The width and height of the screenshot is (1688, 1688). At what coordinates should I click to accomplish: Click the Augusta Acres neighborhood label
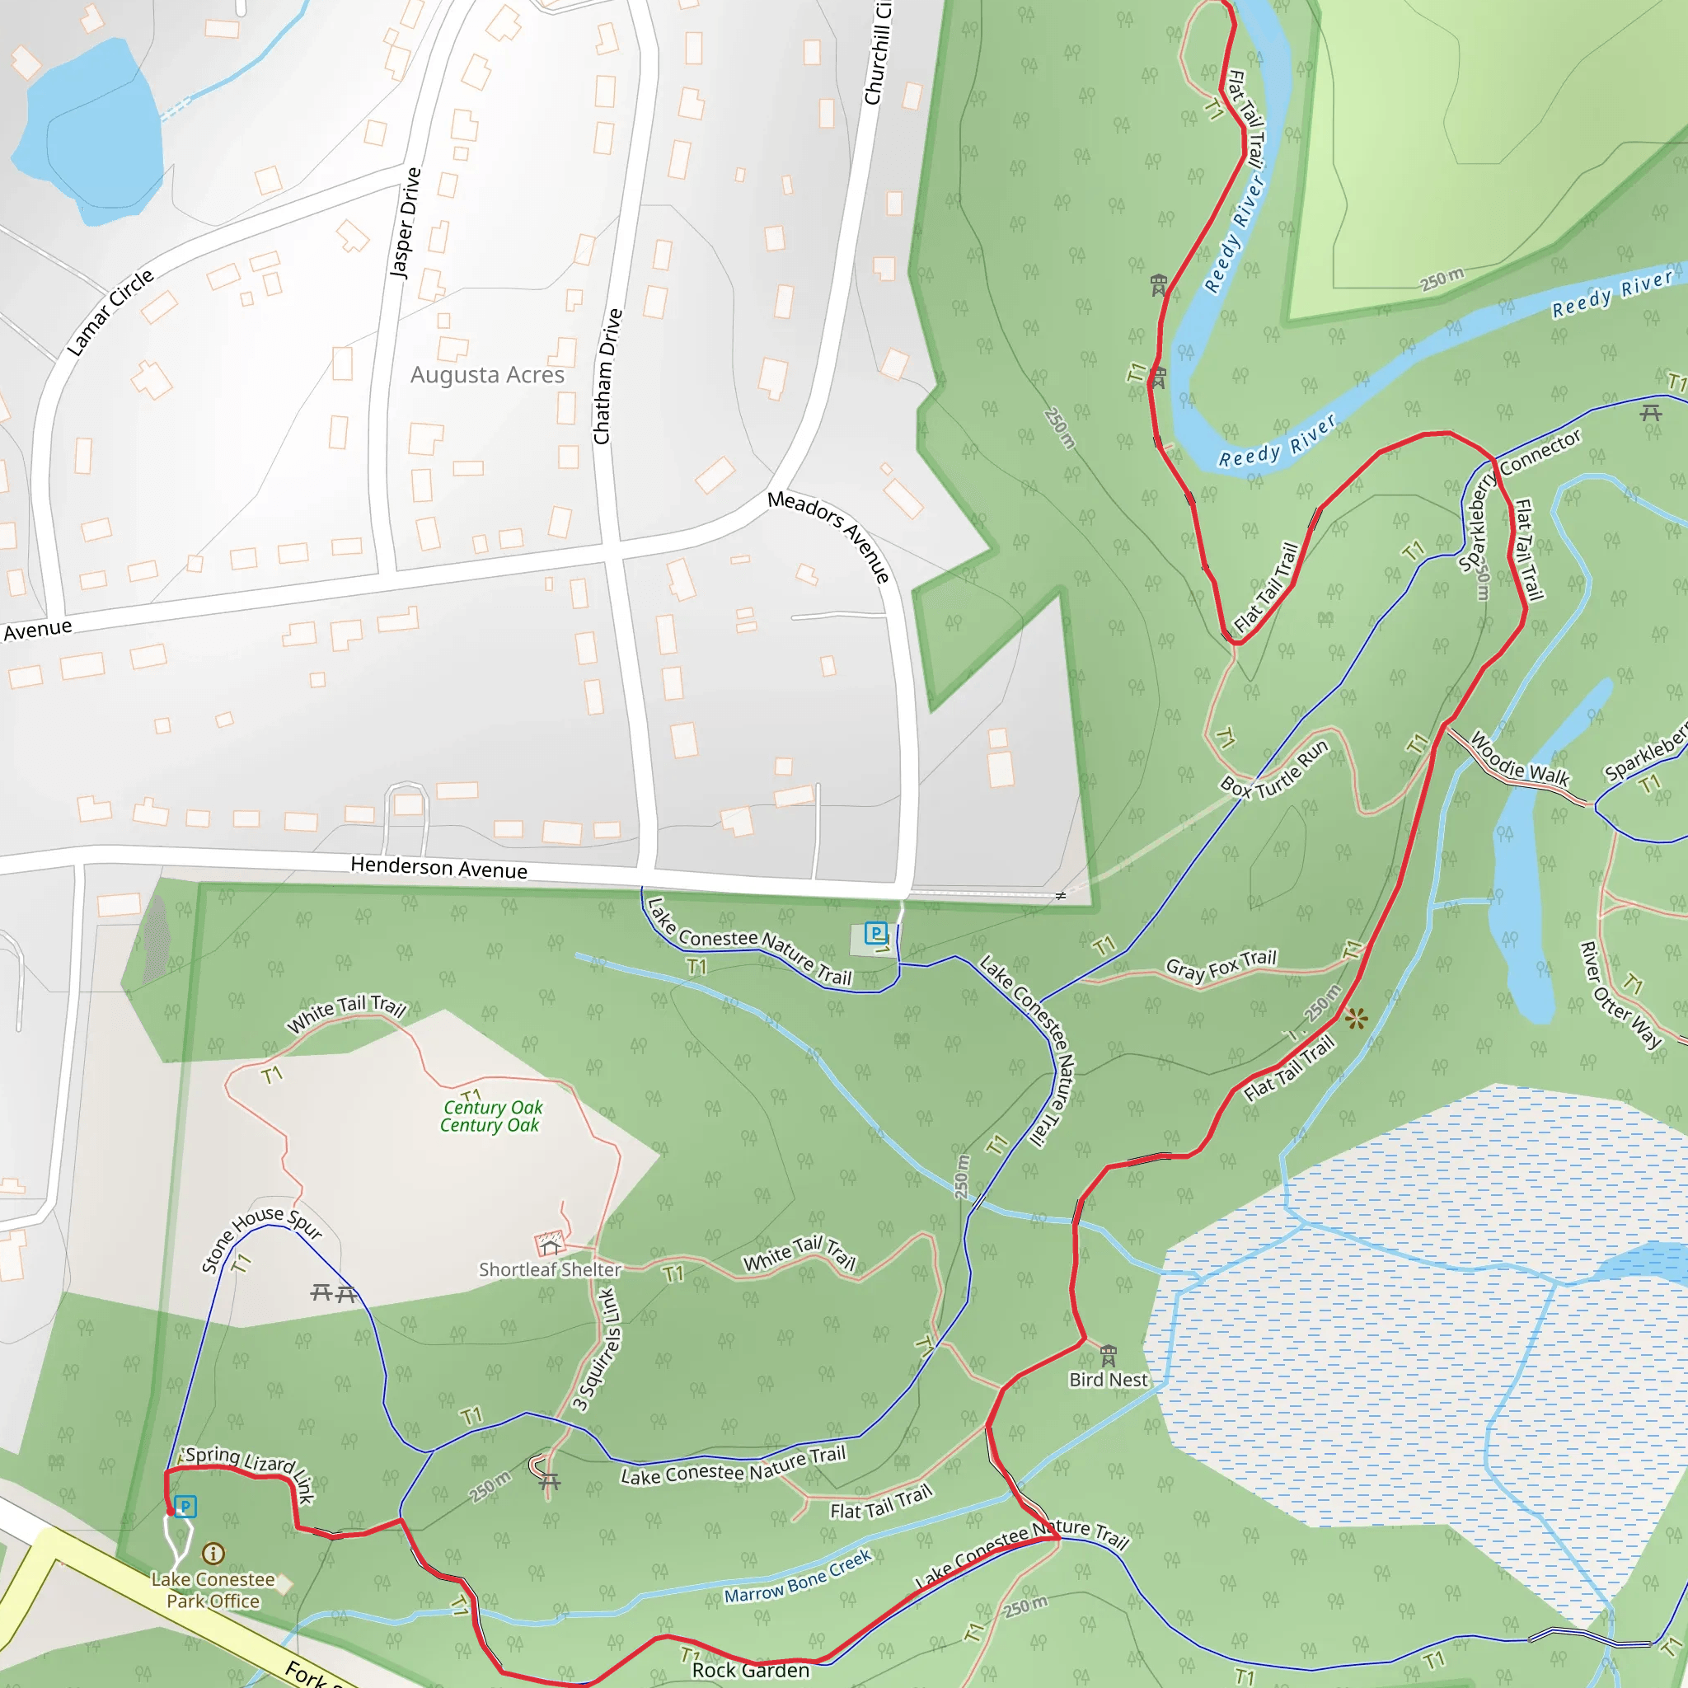(x=488, y=375)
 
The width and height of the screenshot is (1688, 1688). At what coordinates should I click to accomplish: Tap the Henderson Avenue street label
(x=438, y=868)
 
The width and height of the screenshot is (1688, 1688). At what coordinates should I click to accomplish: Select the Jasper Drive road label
(x=405, y=223)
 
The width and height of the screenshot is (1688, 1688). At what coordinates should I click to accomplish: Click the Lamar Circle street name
(x=110, y=312)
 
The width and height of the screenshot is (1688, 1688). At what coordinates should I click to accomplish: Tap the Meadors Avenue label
(x=828, y=536)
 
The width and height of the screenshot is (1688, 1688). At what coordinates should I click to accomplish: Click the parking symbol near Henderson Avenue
(x=874, y=933)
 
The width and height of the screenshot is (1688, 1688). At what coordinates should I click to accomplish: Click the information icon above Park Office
(x=213, y=1553)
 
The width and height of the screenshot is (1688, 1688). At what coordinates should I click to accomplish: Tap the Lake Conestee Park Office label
(x=213, y=1590)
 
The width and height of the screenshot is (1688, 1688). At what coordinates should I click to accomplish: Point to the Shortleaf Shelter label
(x=550, y=1269)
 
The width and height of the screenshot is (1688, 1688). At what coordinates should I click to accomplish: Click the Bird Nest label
(x=1108, y=1380)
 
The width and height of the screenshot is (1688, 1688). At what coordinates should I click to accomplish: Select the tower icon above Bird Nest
(x=1108, y=1355)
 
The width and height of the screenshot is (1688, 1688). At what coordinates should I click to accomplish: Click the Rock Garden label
(x=751, y=1670)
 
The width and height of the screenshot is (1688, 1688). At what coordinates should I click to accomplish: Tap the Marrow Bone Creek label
(x=798, y=1577)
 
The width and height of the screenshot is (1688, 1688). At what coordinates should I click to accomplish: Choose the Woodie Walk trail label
(x=1520, y=757)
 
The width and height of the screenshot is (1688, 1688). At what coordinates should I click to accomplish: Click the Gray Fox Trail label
(x=1221, y=965)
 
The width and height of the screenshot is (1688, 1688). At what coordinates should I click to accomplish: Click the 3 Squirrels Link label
(x=597, y=1349)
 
